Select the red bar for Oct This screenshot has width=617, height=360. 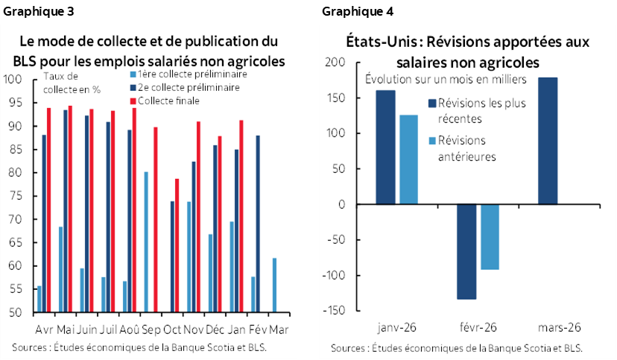click(x=176, y=245)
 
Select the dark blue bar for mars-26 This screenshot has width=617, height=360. click(x=547, y=141)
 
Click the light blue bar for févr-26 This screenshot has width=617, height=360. click(x=490, y=237)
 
